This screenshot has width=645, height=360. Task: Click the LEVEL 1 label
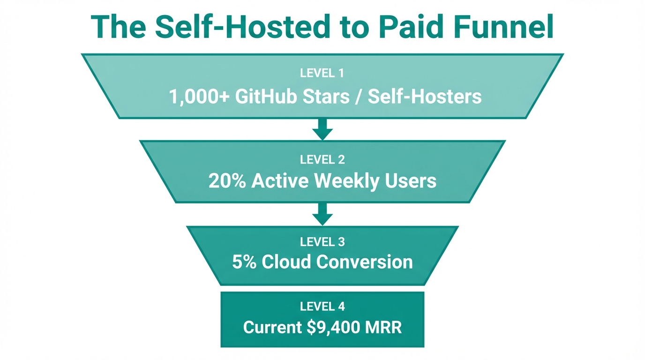click(322, 73)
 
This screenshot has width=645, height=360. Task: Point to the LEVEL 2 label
click(322, 159)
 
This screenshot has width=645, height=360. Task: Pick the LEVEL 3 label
click(322, 242)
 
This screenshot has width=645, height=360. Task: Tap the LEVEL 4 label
click(322, 307)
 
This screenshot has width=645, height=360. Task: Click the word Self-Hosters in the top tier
click(425, 97)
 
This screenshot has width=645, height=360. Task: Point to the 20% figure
click(227, 181)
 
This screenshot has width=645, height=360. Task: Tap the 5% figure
click(244, 262)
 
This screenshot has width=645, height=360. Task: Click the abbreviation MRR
click(382, 327)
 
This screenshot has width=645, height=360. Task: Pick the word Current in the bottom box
click(272, 327)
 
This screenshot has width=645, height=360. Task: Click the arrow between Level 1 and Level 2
click(322, 128)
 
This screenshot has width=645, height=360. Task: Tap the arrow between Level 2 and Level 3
click(322, 214)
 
